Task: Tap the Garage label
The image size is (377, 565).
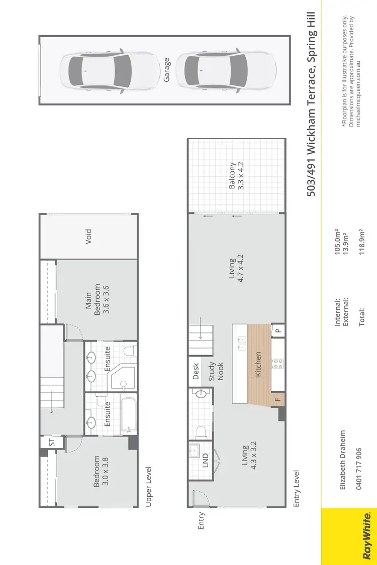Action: [x=167, y=70]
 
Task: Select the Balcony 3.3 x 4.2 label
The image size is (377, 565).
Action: [x=236, y=175]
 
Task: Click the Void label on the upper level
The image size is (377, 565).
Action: [x=88, y=236]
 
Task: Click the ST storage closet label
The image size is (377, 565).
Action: [x=52, y=442]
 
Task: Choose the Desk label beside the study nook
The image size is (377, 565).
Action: [x=196, y=372]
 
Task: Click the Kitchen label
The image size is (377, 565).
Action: [x=258, y=364]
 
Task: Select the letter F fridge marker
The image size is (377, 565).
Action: [x=277, y=400]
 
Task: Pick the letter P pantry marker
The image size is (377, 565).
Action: [x=277, y=330]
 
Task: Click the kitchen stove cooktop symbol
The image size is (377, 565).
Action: [x=276, y=363]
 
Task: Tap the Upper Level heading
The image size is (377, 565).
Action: [x=148, y=487]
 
